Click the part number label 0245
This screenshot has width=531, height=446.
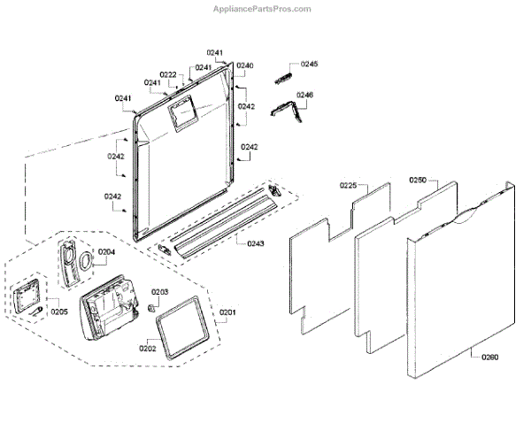[309, 65]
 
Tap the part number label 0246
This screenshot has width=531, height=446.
[305, 95]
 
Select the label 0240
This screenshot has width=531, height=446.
[245, 66]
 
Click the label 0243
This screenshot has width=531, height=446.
[255, 243]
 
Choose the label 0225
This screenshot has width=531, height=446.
[348, 186]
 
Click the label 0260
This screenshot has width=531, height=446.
[489, 358]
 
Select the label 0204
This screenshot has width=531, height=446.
[106, 251]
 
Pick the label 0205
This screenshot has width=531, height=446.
[59, 311]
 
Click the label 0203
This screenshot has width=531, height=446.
[160, 291]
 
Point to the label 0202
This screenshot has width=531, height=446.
[147, 349]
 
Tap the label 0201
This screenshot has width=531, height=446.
[228, 312]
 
